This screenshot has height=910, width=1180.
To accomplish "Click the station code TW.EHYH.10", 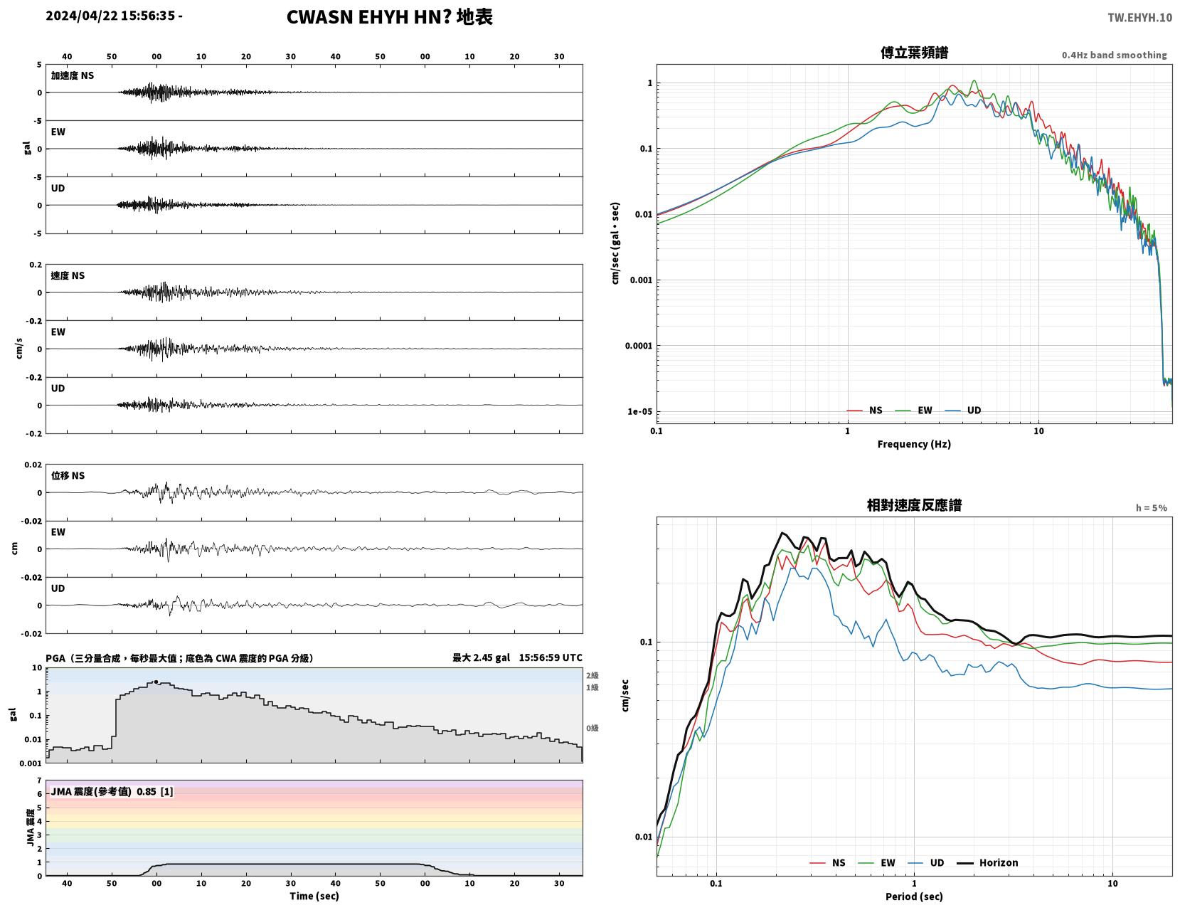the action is pyautogui.click(x=1139, y=17).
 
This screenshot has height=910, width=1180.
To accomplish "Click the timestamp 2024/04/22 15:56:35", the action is pyautogui.click(x=110, y=15).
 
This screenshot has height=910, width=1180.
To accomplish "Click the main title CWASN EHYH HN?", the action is pyautogui.click(x=368, y=17).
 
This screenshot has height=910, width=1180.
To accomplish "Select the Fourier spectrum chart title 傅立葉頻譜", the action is pyautogui.click(x=914, y=53).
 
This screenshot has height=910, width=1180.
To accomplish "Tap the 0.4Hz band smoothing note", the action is pyautogui.click(x=1114, y=55).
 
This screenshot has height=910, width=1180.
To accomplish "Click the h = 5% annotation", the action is pyautogui.click(x=1151, y=508).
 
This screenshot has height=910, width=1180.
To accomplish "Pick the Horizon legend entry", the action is pyautogui.click(x=987, y=862).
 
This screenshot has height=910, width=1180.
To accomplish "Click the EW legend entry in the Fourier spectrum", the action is pyautogui.click(x=913, y=410).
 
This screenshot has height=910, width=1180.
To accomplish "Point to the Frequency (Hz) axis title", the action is pyautogui.click(x=914, y=443).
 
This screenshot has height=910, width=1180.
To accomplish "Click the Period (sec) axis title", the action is pyautogui.click(x=914, y=896).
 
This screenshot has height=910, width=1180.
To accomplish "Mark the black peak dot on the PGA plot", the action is pyautogui.click(x=156, y=682).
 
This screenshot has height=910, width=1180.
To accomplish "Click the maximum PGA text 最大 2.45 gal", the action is pyautogui.click(x=481, y=657).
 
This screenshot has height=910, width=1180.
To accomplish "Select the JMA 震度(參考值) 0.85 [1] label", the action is pyautogui.click(x=112, y=791).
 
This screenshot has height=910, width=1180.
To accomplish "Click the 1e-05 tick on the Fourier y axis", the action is pyautogui.click(x=639, y=411).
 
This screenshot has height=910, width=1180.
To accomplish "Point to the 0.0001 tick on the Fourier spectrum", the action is pyautogui.click(x=639, y=345).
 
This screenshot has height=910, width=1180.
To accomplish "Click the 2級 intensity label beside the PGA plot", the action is pyautogui.click(x=592, y=675).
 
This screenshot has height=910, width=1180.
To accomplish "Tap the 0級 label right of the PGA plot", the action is pyautogui.click(x=592, y=728).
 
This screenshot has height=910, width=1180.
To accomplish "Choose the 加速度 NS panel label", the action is pyautogui.click(x=73, y=75).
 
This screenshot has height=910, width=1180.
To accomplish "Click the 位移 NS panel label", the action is pyautogui.click(x=68, y=475).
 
